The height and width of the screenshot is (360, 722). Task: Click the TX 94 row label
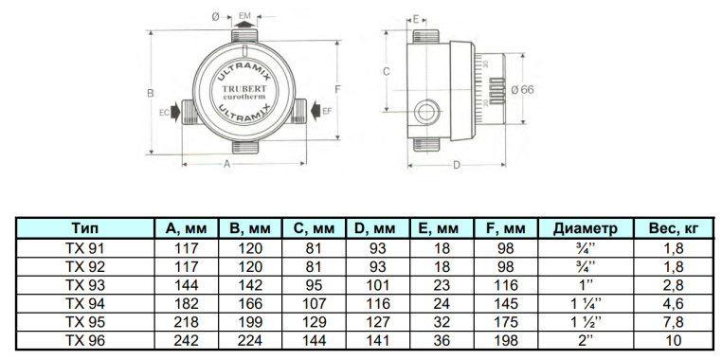coord(85,304)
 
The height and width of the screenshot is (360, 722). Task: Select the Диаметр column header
coord(585,228)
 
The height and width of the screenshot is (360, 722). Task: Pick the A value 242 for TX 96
coord(186,341)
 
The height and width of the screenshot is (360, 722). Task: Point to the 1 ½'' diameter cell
coord(585,322)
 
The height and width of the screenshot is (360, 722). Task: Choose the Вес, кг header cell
coord(673,228)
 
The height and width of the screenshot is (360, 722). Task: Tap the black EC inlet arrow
coord(176,112)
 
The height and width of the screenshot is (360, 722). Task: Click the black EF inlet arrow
coord(316,111)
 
